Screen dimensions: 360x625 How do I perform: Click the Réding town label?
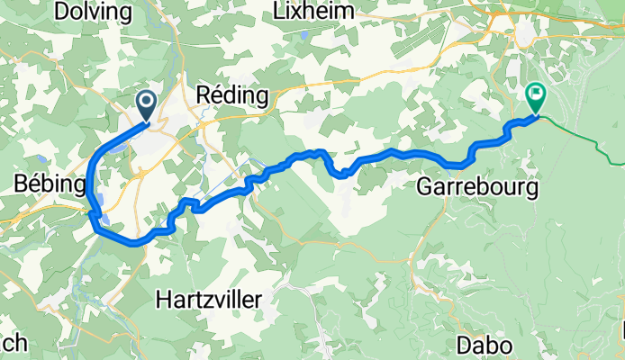[232, 95]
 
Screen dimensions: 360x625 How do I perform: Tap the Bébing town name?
[50, 184]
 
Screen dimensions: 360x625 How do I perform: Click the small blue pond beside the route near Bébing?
[103, 217]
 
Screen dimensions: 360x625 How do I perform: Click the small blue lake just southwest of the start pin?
[120, 147]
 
